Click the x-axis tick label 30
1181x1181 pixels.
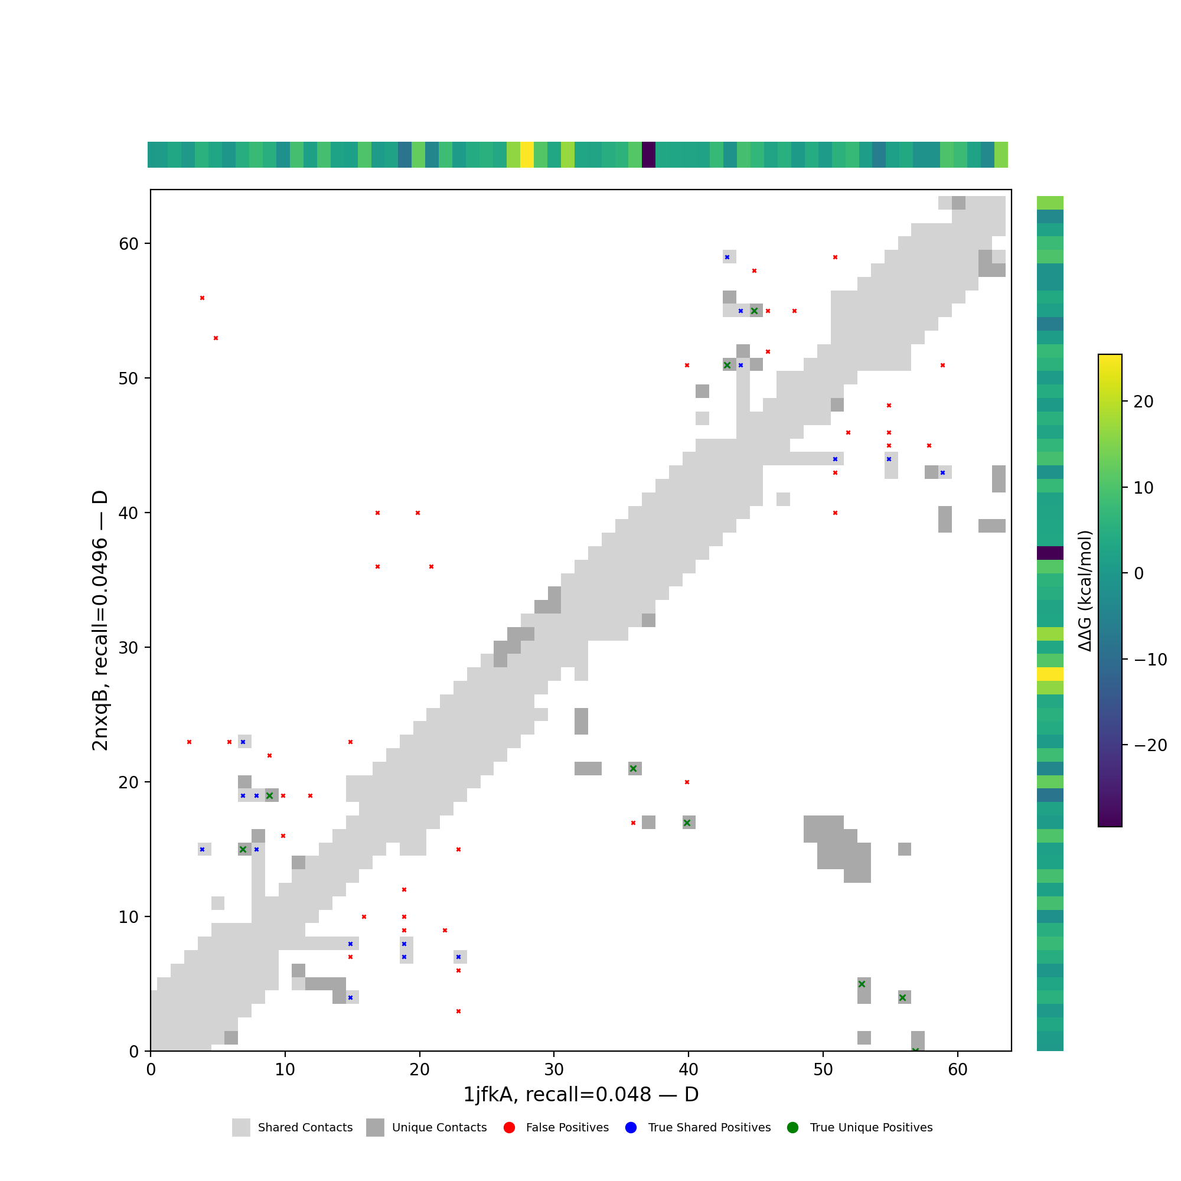point(554,1070)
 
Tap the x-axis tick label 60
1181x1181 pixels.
point(957,1070)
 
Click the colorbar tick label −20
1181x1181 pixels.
point(1150,745)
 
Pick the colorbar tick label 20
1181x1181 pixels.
point(1143,402)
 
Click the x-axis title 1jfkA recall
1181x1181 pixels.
point(580,1095)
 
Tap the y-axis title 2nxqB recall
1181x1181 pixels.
point(100,621)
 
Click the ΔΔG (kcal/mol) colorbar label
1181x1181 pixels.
point(1084,591)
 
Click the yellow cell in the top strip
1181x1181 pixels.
point(527,155)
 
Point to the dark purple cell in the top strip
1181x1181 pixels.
point(648,155)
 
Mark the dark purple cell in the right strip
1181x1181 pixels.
point(1050,553)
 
